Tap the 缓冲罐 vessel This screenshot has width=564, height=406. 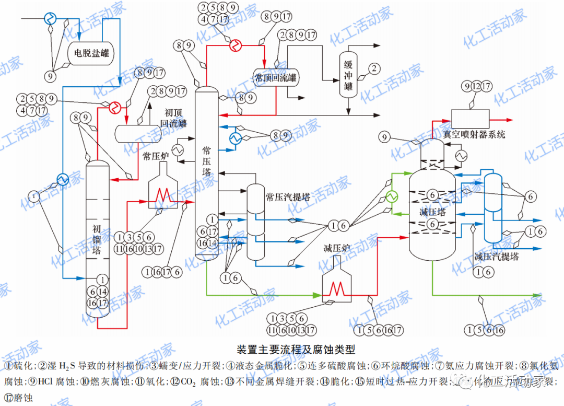point(348,74)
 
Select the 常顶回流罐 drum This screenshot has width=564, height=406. point(275,78)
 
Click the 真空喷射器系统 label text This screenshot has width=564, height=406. point(474,134)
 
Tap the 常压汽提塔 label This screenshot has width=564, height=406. point(288,197)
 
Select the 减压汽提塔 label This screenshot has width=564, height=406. point(497,257)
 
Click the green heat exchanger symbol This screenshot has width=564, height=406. point(391,196)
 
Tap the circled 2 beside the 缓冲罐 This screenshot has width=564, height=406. point(373,68)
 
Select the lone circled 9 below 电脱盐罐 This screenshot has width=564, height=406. point(51,76)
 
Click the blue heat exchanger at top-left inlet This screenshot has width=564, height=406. point(51,18)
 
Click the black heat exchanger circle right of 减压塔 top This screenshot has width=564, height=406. point(461,156)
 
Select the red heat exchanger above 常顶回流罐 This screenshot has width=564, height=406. point(236,45)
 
